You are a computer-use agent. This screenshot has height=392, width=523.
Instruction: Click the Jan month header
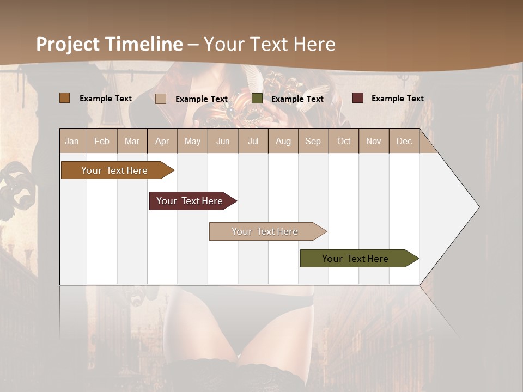(72, 141)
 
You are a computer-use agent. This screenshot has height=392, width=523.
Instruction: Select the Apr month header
(162, 141)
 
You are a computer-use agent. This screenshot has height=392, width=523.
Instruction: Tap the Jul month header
(253, 141)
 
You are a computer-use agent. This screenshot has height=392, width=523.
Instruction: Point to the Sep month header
(313, 141)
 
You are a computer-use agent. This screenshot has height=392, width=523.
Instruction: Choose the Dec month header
(404, 141)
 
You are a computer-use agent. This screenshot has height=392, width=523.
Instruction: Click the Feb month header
(102, 141)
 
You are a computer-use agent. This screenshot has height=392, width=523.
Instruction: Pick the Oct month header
(344, 141)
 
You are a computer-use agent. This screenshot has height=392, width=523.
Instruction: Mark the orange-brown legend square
(65, 98)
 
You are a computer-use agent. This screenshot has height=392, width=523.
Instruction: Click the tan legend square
(161, 99)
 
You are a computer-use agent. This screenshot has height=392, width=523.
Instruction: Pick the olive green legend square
(257, 99)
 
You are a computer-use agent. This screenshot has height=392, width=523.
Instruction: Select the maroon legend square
(358, 98)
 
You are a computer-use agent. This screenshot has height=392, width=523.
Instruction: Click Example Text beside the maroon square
(398, 99)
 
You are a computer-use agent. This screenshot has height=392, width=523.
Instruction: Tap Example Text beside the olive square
(297, 99)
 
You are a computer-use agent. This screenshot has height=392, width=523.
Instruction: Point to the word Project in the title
(69, 44)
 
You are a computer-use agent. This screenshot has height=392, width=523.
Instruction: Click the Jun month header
(223, 141)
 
